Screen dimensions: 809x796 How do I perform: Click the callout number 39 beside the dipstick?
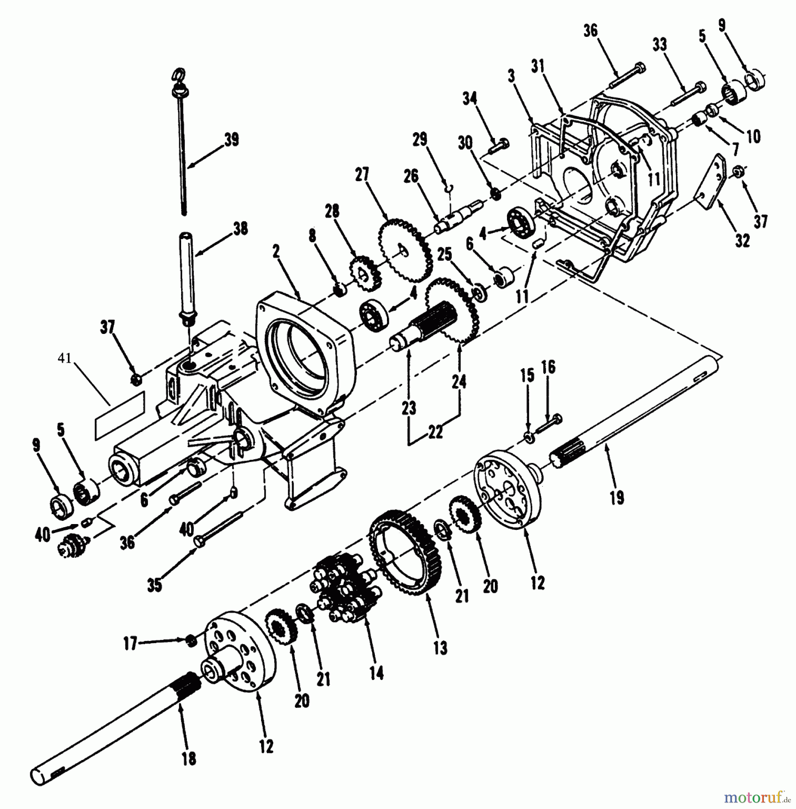click(x=232, y=139)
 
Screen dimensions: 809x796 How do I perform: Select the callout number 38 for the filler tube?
click(x=240, y=229)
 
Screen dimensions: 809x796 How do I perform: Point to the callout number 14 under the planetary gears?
click(x=376, y=672)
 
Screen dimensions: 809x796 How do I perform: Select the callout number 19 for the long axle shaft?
click(x=617, y=498)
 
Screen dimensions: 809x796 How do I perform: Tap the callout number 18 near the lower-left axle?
click(x=189, y=759)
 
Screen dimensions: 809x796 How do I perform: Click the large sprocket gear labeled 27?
click(x=405, y=250)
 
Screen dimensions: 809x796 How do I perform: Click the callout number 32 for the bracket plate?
click(x=742, y=240)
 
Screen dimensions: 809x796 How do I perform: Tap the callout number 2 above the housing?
click(x=276, y=252)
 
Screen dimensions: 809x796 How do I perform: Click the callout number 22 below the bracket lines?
click(x=436, y=431)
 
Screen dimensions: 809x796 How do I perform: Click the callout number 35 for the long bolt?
click(x=154, y=585)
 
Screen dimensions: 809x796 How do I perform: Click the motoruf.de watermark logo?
click(x=756, y=798)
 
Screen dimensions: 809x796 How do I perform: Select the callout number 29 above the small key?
click(x=419, y=140)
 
